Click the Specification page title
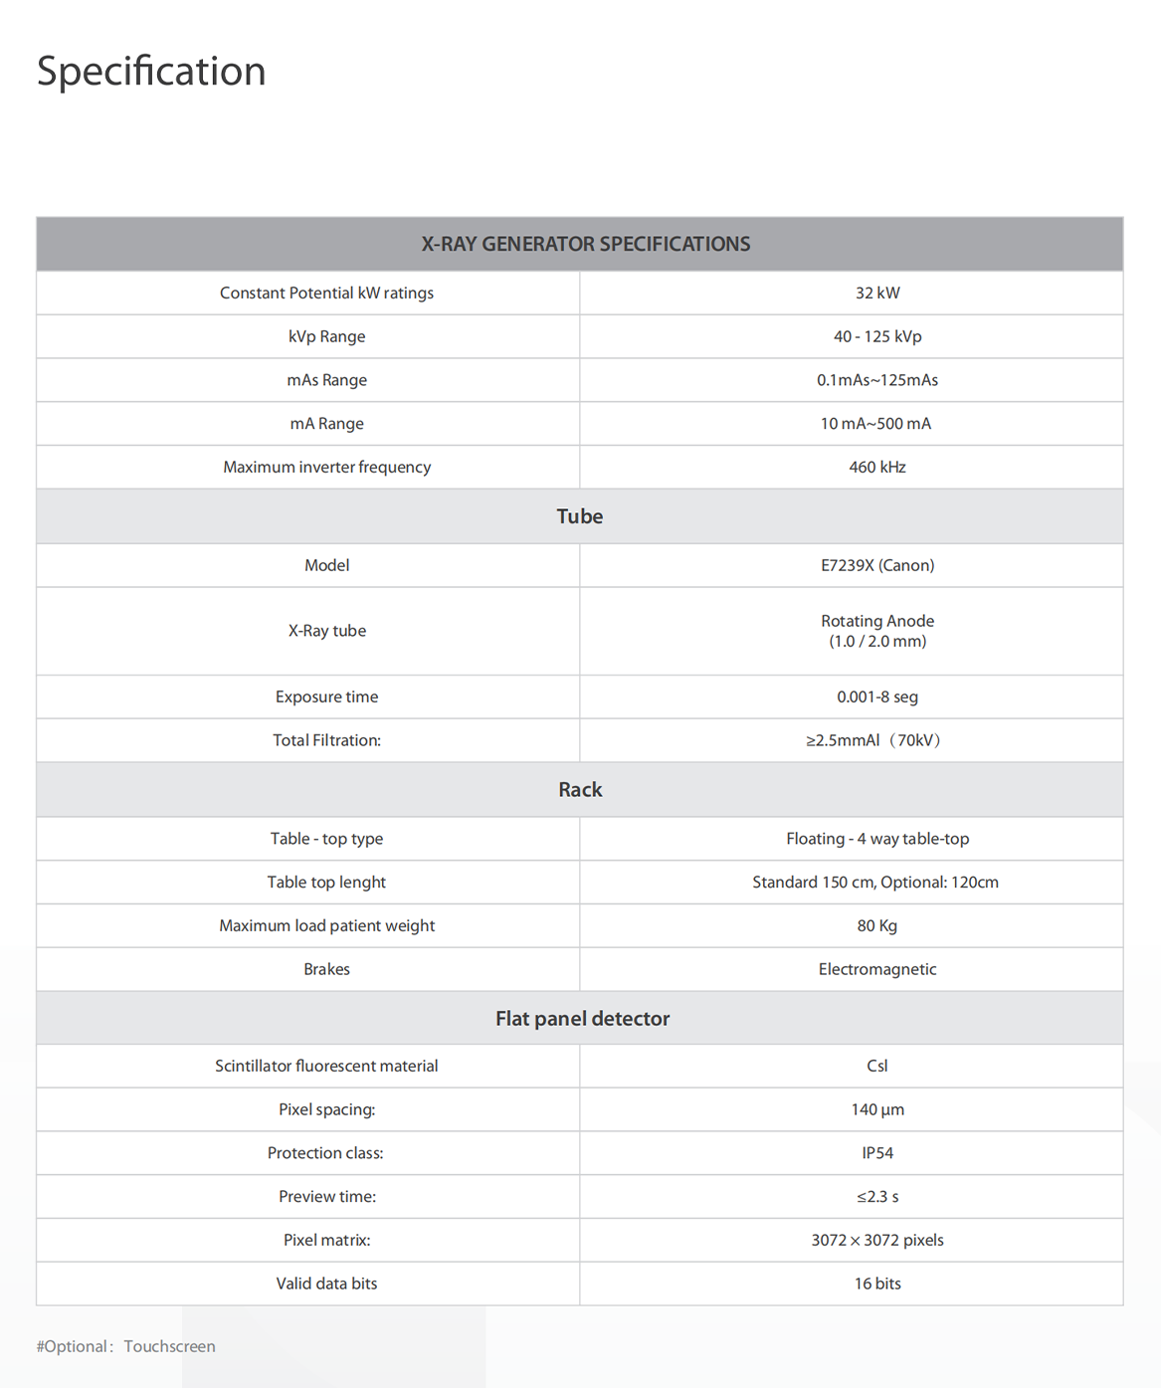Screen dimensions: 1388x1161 point(151,72)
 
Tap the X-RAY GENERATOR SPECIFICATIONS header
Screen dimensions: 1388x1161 point(585,244)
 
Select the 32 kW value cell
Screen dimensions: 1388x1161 point(876,293)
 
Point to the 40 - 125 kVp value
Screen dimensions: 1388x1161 point(876,336)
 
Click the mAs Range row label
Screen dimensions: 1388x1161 point(326,380)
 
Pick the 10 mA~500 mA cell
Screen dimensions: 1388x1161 point(875,424)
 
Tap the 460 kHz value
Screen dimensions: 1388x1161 point(876,467)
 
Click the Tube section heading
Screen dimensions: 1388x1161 point(580,516)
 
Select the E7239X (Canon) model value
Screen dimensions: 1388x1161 point(876,565)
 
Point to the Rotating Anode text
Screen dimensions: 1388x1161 point(876,621)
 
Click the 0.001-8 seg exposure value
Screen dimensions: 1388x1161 point(876,696)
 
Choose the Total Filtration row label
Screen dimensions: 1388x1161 point(326,740)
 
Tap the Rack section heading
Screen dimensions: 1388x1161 point(580,790)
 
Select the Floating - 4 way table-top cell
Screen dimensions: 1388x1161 point(876,839)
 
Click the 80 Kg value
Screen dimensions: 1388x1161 point(876,925)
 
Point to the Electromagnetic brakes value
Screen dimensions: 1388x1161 point(876,969)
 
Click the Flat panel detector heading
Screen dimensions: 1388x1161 point(582,1019)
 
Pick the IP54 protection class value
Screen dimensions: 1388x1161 point(876,1153)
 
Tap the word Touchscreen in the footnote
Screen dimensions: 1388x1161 point(169,1346)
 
